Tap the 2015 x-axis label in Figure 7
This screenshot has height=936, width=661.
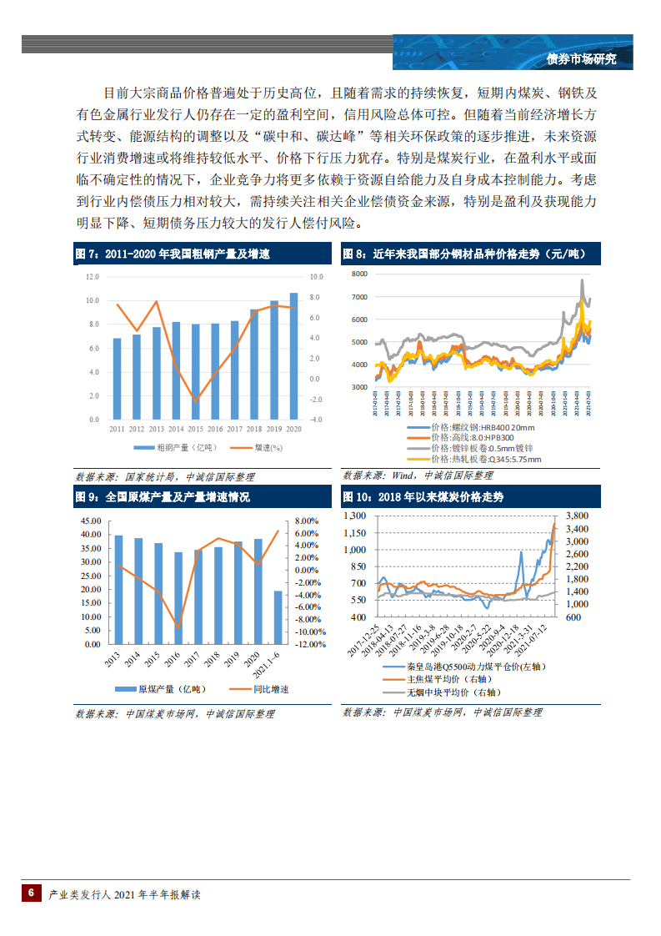(196, 429)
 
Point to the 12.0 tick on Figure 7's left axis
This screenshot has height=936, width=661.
(92, 276)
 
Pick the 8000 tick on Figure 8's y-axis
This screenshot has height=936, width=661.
(359, 274)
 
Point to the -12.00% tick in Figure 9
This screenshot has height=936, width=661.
(311, 645)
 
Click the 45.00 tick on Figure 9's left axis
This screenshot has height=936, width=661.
(91, 521)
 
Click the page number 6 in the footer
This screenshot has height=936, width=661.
(31, 893)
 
